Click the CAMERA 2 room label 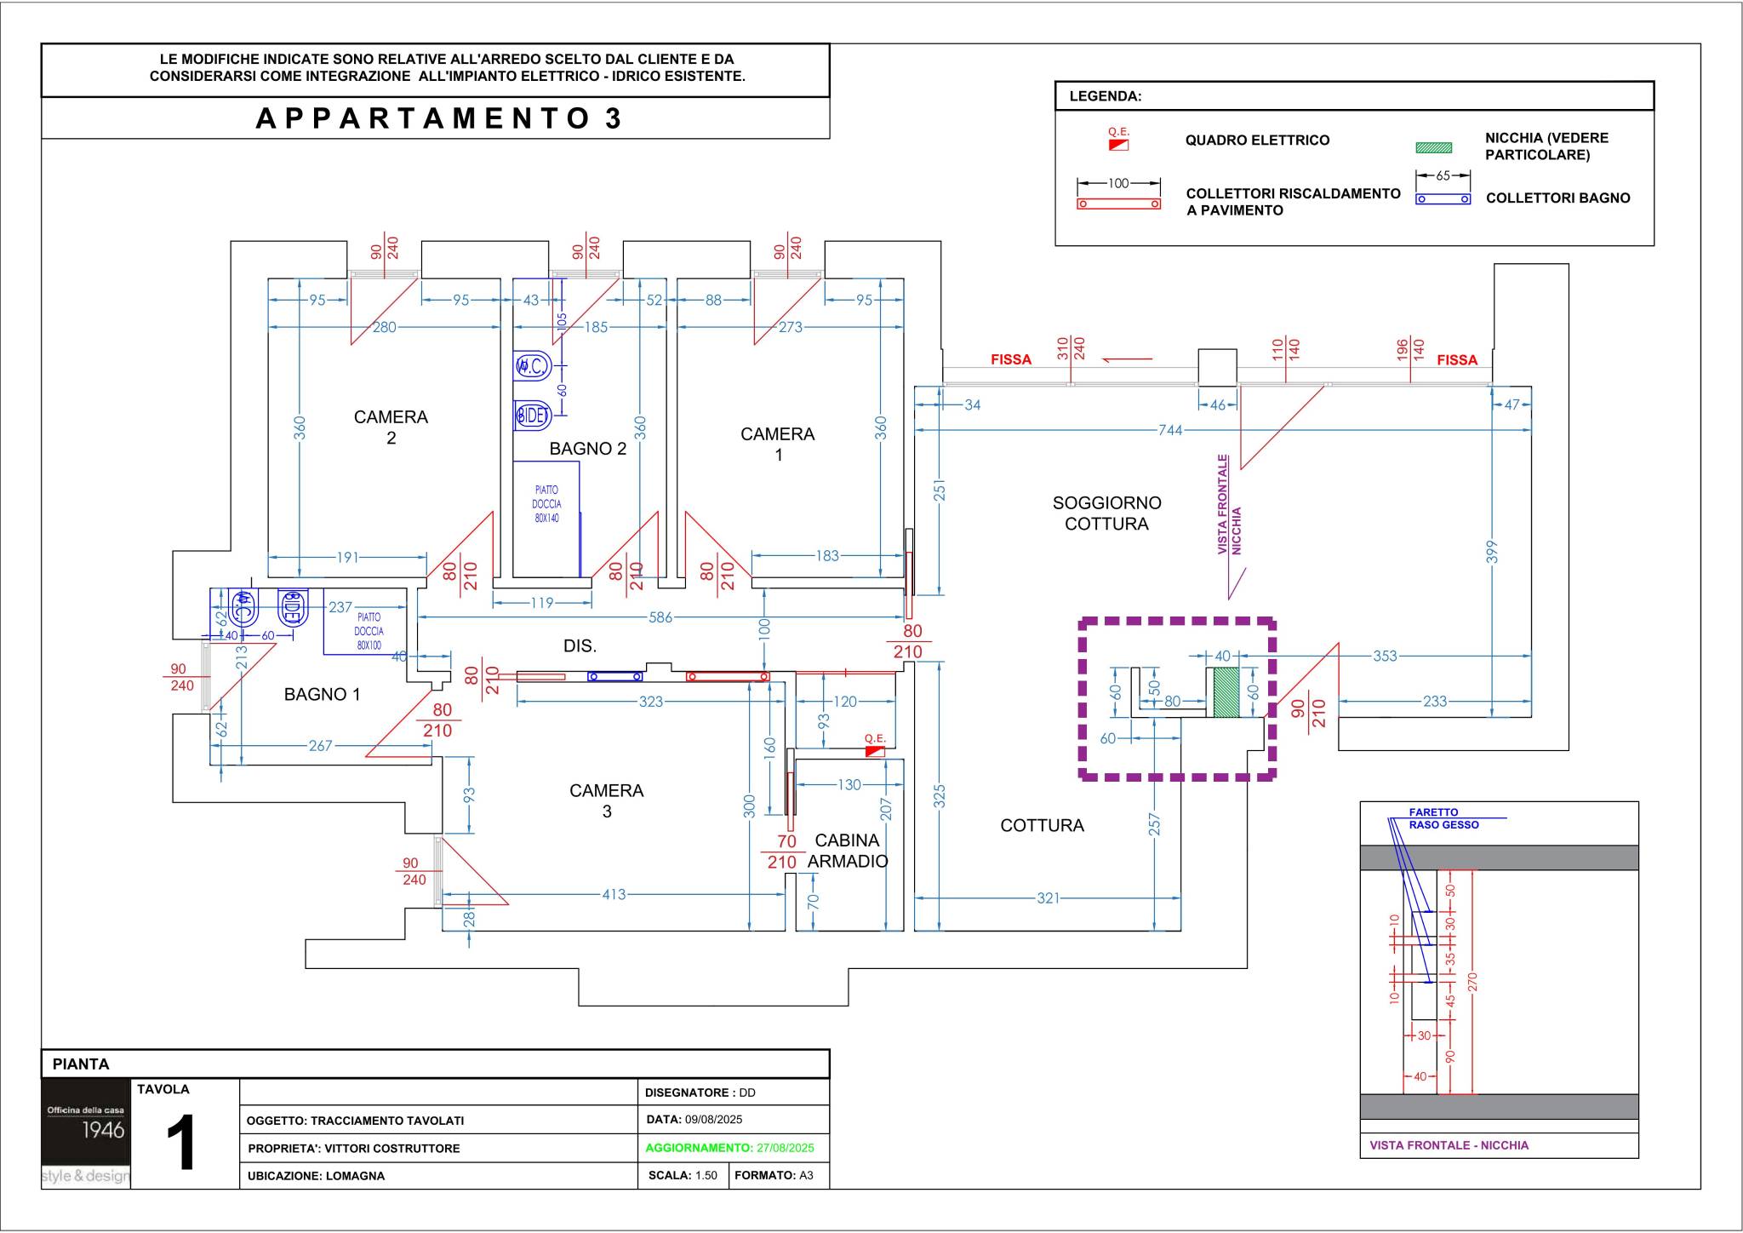coord(391,427)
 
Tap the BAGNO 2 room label coord(587,449)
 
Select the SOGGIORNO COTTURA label coord(1106,513)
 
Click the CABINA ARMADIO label coord(848,851)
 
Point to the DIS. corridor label coord(580,646)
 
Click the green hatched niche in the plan coord(1225,692)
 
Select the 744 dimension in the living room coord(1170,430)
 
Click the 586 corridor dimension coord(660,617)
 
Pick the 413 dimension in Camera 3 coord(614,894)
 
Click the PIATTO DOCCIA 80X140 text coord(546,504)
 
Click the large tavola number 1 coord(181,1143)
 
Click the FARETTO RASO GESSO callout coord(1443,818)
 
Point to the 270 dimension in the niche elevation coord(1472,982)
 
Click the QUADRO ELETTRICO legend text coord(1257,141)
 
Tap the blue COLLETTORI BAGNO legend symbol coord(1443,199)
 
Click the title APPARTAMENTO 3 coord(439,118)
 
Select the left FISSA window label coord(1011,359)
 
